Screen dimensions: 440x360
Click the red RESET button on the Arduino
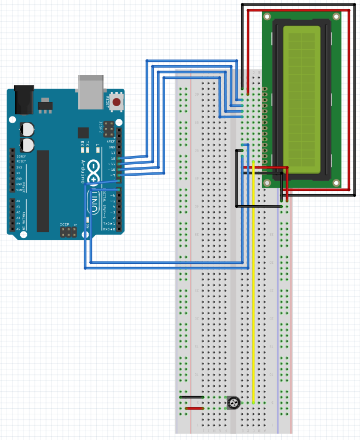click(x=116, y=102)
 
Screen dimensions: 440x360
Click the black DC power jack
click(x=24, y=99)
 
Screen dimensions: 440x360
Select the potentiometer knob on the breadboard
click(x=234, y=403)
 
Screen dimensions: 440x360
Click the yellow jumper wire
click(x=254, y=285)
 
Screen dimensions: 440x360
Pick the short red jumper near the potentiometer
click(x=194, y=408)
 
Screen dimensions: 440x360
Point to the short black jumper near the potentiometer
click(x=192, y=397)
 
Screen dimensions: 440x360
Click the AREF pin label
click(x=112, y=142)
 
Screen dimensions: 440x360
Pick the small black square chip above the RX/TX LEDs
click(x=83, y=132)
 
